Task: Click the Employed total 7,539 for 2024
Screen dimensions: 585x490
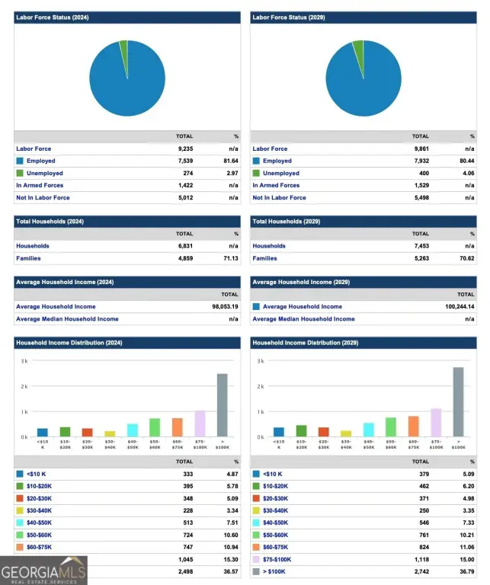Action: click(184, 161)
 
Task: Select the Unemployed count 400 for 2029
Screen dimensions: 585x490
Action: click(421, 173)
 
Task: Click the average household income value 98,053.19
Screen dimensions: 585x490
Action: click(223, 306)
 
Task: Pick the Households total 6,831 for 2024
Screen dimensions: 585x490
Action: click(184, 246)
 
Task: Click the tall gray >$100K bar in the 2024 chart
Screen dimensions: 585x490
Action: click(222, 404)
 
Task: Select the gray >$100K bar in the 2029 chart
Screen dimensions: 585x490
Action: click(458, 401)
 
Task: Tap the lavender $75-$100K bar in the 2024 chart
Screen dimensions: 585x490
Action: click(200, 423)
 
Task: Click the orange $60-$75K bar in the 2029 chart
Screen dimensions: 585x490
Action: click(413, 426)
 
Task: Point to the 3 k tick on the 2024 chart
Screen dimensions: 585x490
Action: click(24, 360)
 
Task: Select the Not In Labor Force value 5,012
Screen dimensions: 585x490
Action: click(184, 197)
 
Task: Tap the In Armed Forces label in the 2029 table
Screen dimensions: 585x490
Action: click(276, 185)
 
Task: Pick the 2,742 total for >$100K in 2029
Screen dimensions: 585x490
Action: click(420, 571)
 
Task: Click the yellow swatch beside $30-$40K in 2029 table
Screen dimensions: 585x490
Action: click(256, 510)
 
